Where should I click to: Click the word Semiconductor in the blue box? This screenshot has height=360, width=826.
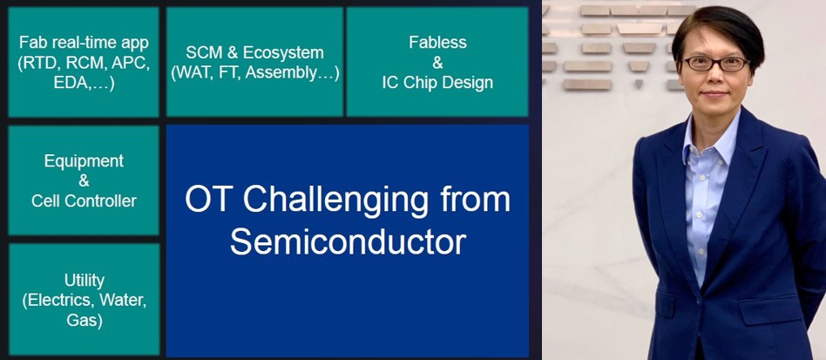point(348,241)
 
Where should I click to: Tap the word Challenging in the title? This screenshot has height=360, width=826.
point(335,201)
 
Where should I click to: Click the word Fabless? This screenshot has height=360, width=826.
point(437,42)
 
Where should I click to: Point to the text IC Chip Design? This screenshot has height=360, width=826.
point(437,83)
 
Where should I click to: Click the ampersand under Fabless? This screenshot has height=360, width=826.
point(437,63)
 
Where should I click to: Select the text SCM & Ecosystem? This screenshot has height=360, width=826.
point(254,52)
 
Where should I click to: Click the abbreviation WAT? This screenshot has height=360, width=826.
point(193,72)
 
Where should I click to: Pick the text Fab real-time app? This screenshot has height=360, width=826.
point(84,42)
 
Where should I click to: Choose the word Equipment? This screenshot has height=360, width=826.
point(84,160)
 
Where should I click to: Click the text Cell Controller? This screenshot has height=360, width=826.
point(84,200)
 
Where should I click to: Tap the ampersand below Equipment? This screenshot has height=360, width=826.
point(84,180)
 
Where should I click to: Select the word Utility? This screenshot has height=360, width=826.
point(85,280)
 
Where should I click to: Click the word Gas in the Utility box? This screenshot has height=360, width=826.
point(85,320)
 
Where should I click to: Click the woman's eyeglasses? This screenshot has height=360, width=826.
point(716,64)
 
